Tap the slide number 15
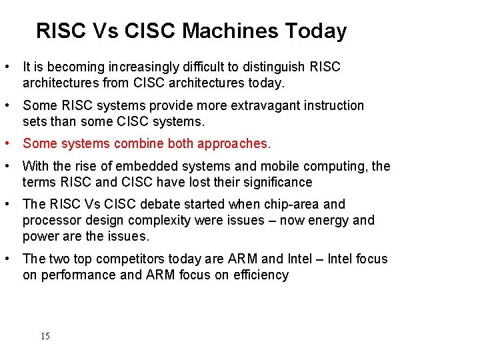point(45,336)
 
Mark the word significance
point(277,183)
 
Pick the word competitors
point(131,259)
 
